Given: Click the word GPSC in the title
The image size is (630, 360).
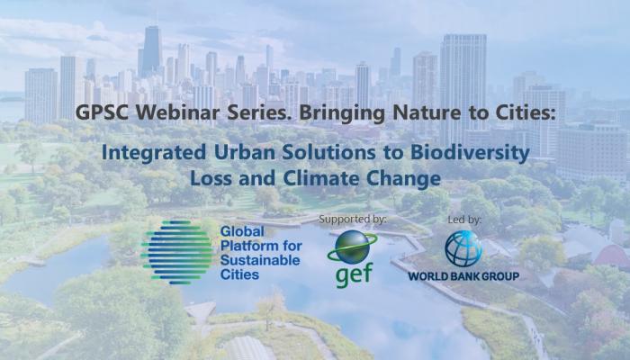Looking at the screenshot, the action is point(102,112).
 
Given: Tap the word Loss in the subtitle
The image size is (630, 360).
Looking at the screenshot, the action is point(211,178).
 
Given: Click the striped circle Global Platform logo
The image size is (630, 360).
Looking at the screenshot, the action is point(176,252).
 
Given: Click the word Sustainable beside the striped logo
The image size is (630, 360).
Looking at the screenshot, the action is point(260,260).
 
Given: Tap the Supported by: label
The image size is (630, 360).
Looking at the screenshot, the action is point(353,220).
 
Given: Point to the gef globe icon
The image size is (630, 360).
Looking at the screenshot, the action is point(353,247).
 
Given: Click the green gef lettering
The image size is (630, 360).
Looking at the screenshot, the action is point(354,274).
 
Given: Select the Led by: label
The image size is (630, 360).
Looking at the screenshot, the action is point(464,220).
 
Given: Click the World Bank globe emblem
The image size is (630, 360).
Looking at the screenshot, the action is point(463,248).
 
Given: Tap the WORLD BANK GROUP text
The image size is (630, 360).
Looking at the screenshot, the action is point(463,276).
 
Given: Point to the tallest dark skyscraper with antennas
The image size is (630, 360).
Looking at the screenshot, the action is point(151,50).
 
